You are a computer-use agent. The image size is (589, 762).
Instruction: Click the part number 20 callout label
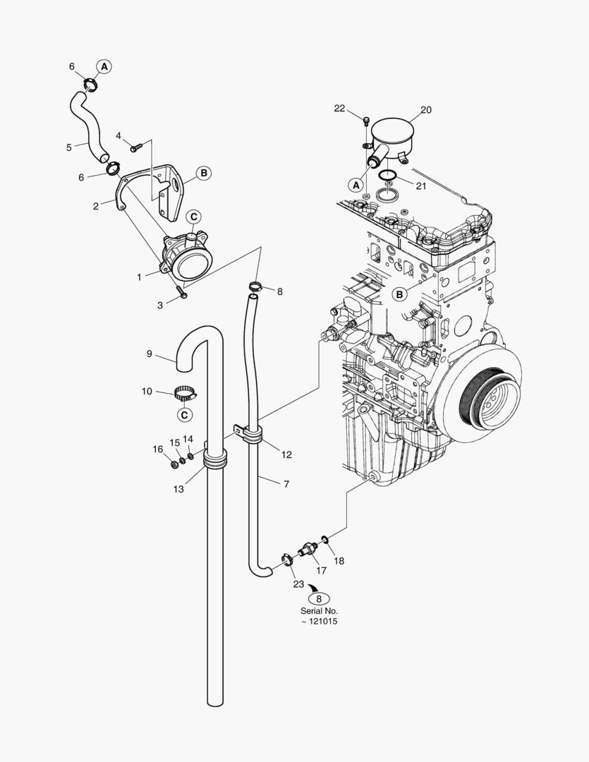click(x=426, y=110)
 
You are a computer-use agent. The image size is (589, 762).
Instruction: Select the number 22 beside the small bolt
click(x=339, y=109)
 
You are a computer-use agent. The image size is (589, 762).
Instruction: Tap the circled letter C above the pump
click(x=193, y=217)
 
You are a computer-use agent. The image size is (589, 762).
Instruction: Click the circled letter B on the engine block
click(x=399, y=294)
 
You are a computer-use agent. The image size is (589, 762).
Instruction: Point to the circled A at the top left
click(x=104, y=66)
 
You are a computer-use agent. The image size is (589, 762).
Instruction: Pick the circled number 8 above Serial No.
click(x=319, y=599)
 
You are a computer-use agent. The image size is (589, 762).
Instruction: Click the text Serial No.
click(x=319, y=611)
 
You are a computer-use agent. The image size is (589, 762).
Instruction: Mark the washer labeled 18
click(x=324, y=539)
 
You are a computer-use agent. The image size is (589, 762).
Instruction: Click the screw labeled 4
click(x=135, y=146)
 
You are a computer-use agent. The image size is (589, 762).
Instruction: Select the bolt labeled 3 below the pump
click(x=182, y=294)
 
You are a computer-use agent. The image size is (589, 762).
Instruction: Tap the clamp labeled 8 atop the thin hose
click(x=256, y=286)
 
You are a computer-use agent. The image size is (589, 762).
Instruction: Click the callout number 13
click(x=178, y=489)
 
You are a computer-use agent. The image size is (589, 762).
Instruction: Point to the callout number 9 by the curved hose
click(x=150, y=353)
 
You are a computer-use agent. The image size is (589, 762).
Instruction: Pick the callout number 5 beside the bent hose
click(x=69, y=147)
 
